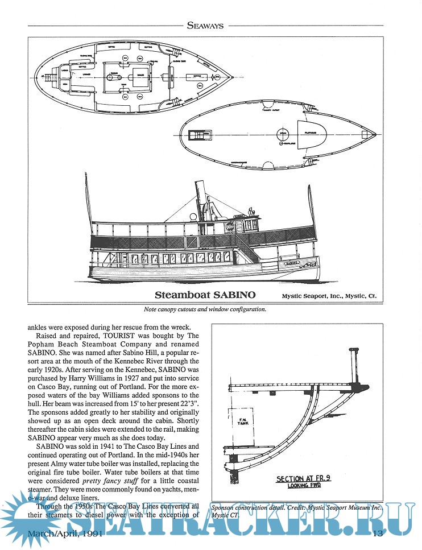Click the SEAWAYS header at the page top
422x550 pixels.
point(211,24)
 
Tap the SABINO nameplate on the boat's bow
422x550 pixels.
point(289,264)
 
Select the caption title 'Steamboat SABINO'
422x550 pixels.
point(205,295)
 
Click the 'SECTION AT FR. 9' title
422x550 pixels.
point(304,479)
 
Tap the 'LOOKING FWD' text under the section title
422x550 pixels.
point(305,486)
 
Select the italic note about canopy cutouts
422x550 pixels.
point(205,310)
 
